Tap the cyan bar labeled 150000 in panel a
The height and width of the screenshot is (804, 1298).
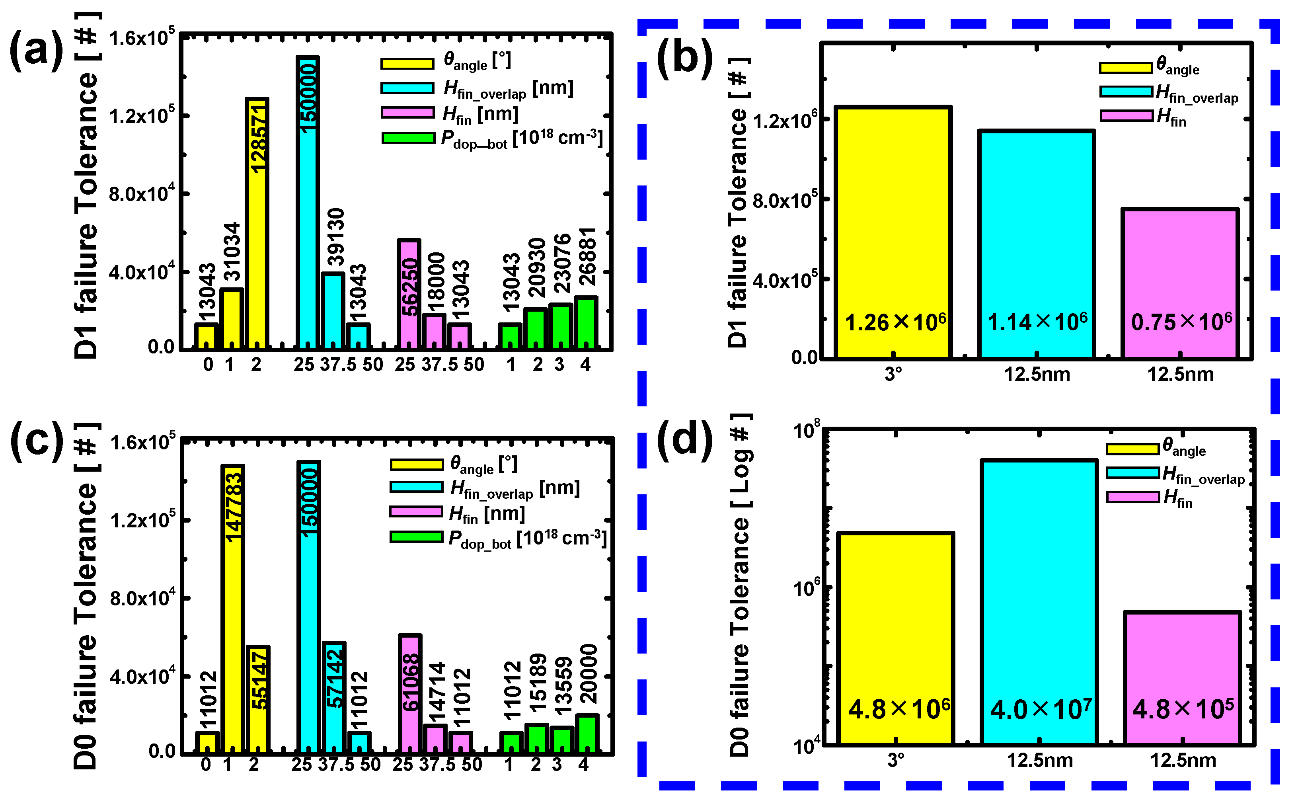tap(308, 202)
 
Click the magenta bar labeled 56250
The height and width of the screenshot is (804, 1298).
tap(409, 294)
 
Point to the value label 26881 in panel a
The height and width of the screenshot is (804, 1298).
tap(587, 256)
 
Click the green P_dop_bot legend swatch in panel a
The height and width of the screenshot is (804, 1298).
tap(408, 138)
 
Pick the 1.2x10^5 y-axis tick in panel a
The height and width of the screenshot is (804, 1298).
tap(141, 115)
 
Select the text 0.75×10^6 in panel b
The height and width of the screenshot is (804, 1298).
tap(1181, 322)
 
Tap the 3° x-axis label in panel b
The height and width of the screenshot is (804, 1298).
tap(893, 375)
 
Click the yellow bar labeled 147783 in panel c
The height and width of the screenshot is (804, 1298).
tap(233, 609)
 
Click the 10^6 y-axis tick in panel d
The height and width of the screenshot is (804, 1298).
tap(806, 587)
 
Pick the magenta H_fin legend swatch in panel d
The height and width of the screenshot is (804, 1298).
tap(1132, 497)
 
